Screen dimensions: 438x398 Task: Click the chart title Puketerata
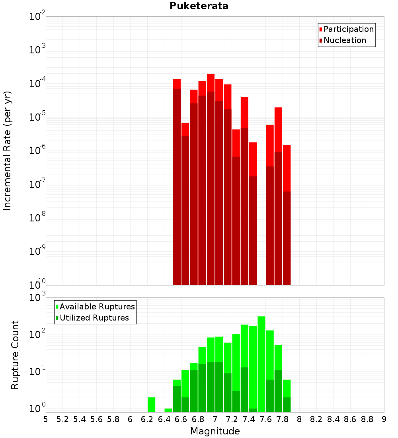(x=199, y=6)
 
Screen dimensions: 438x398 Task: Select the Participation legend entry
(x=349, y=29)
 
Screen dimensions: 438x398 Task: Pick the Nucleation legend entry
(x=345, y=40)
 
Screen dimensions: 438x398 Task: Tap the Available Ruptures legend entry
(x=97, y=307)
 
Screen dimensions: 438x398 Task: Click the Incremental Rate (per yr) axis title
(x=8, y=151)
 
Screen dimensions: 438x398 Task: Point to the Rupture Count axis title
(x=15, y=355)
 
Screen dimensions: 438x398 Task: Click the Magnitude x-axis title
(x=215, y=431)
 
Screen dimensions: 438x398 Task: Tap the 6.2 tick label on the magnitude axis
(x=147, y=419)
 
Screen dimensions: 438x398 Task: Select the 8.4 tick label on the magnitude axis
(x=333, y=419)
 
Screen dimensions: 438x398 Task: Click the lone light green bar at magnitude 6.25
(x=151, y=405)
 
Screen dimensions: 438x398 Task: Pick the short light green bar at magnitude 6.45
(x=168, y=410)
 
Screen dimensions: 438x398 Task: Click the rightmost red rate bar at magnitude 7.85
(x=287, y=215)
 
